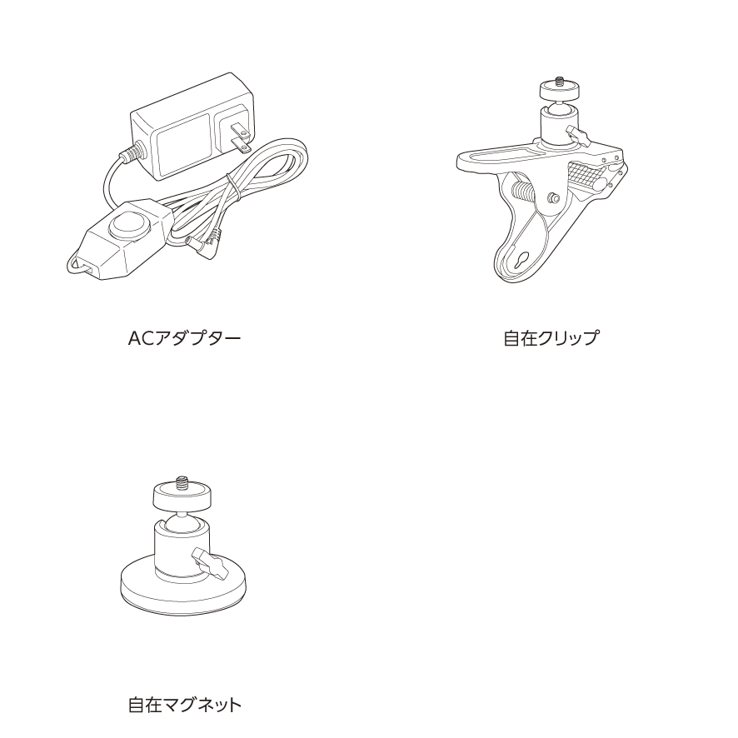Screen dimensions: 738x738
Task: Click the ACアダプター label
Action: (x=185, y=338)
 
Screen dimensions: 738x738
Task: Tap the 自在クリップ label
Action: (x=551, y=338)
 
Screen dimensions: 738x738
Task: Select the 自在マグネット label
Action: (x=185, y=705)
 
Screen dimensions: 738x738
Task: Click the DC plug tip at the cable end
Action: (x=203, y=249)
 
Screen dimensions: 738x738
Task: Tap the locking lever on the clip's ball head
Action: (x=578, y=136)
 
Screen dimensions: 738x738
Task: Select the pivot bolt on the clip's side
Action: (x=553, y=197)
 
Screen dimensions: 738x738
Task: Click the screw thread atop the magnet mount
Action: (x=182, y=483)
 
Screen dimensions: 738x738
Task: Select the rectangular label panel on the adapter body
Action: (x=183, y=145)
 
